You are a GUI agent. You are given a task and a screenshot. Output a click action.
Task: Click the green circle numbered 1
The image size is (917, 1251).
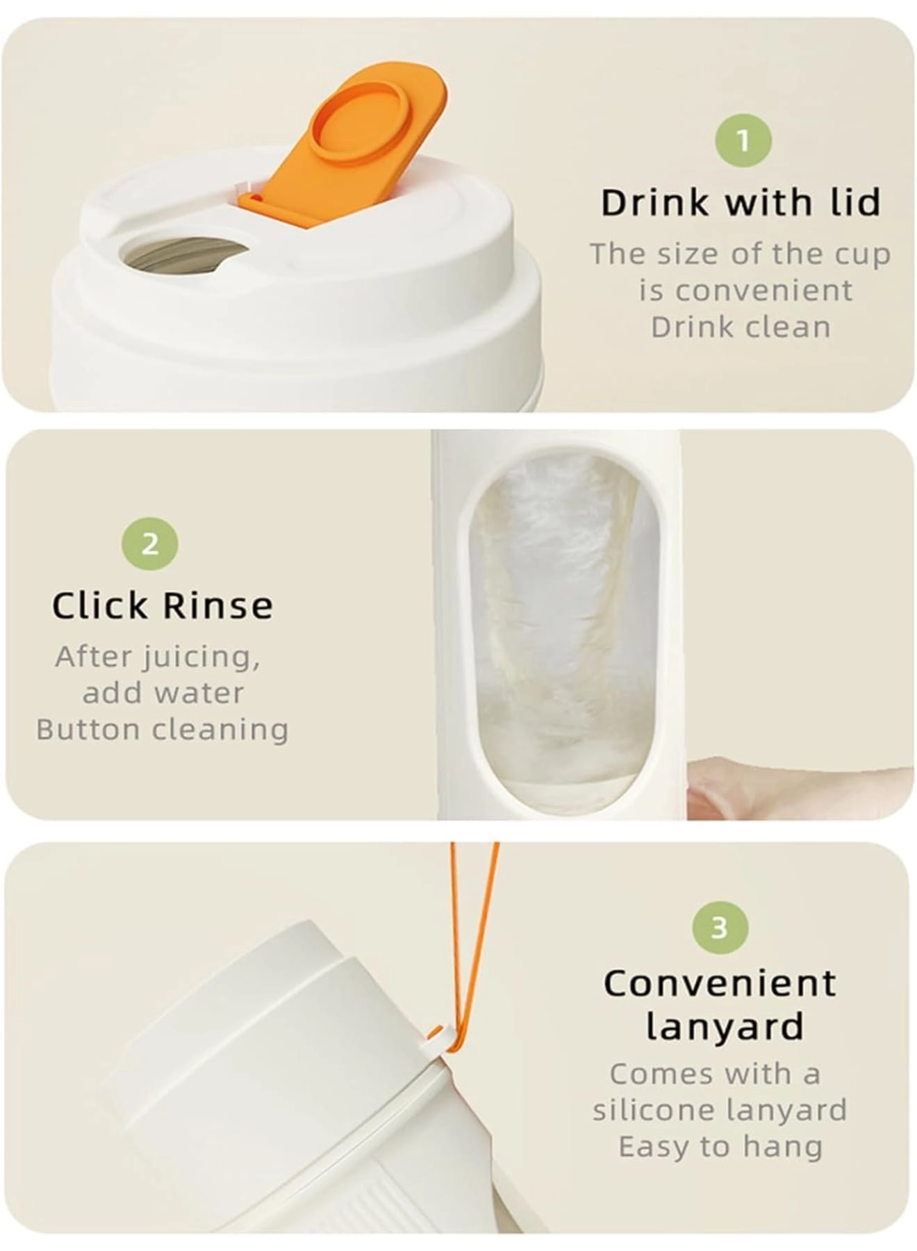click(x=743, y=140)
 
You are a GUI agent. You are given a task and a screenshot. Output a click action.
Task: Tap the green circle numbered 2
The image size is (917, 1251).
click(x=150, y=543)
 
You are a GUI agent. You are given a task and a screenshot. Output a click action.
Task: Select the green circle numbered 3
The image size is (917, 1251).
click(x=720, y=927)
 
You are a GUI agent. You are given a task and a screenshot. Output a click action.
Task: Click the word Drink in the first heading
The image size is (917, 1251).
click(x=655, y=203)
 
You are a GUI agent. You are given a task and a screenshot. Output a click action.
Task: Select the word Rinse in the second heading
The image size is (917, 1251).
click(x=218, y=606)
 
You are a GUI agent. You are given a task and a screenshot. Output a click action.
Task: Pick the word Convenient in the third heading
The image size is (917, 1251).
click(x=720, y=984)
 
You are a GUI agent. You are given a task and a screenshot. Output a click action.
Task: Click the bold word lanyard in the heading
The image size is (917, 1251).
click(x=725, y=1027)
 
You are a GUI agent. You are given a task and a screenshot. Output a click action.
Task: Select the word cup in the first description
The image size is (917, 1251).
click(x=861, y=254)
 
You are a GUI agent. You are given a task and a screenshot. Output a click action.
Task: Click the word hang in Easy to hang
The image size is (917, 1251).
click(x=782, y=1147)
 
